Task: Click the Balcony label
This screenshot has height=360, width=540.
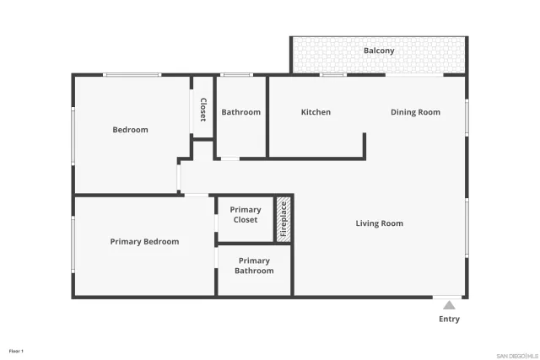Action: pos(379,51)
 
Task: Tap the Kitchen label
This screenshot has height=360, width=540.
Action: pos(316,112)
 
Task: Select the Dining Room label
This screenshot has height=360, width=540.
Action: pos(415,112)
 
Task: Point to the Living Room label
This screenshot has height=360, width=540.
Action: pos(379,223)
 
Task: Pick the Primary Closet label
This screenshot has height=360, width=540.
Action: pos(246,215)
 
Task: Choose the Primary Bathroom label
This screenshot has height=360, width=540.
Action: pos(254,266)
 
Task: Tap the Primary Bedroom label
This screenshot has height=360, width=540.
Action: pos(144,242)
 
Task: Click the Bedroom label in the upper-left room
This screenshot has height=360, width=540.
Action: pos(131,130)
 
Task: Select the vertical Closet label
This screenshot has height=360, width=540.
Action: pos(203,110)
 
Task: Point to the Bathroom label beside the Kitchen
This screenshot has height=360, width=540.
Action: pos(240,112)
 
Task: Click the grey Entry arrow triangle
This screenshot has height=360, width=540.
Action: pos(450,305)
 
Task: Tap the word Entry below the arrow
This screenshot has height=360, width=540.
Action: pos(450,320)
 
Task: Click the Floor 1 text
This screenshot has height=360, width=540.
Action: pos(16,350)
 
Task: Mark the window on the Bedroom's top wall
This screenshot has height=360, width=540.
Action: pos(132,75)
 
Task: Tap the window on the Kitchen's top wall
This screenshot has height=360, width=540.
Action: pos(333,75)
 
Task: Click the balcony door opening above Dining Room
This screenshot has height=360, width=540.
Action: pos(414,75)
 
